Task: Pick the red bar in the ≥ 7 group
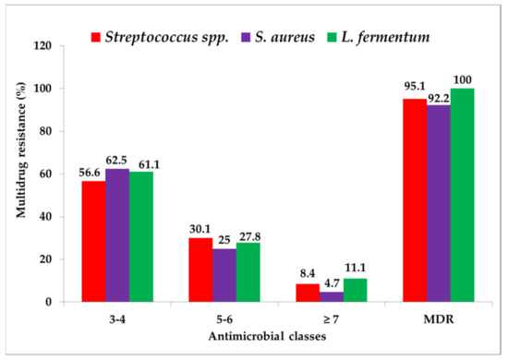pyautogui.click(x=333, y=293)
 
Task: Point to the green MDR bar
pyautogui.click(x=462, y=195)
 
